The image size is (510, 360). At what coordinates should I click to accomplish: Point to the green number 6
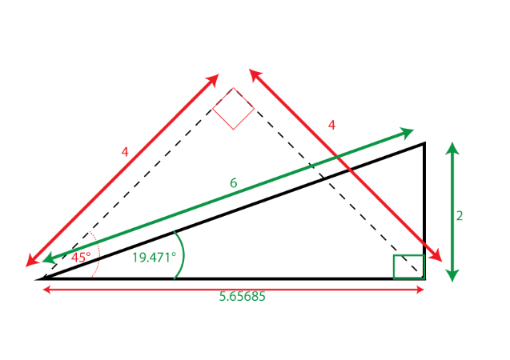coord(232,183)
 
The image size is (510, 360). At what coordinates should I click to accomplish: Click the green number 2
coord(459,215)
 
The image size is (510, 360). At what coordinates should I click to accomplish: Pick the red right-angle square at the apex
coord(233,108)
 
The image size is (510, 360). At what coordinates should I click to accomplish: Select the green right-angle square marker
coord(408,266)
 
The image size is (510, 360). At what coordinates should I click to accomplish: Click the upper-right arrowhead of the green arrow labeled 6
coord(408,132)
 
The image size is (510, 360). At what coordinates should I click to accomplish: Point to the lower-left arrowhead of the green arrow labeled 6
coord(48,258)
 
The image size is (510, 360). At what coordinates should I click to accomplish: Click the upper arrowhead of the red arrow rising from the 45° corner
coord(214,79)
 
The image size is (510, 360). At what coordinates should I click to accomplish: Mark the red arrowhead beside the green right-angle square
coord(437,257)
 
